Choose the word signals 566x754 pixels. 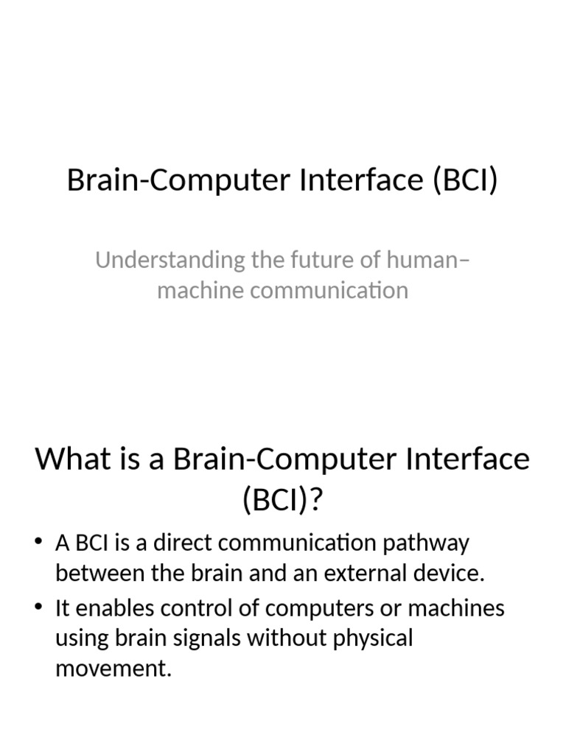coord(209,638)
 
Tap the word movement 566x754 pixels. coord(113,669)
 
